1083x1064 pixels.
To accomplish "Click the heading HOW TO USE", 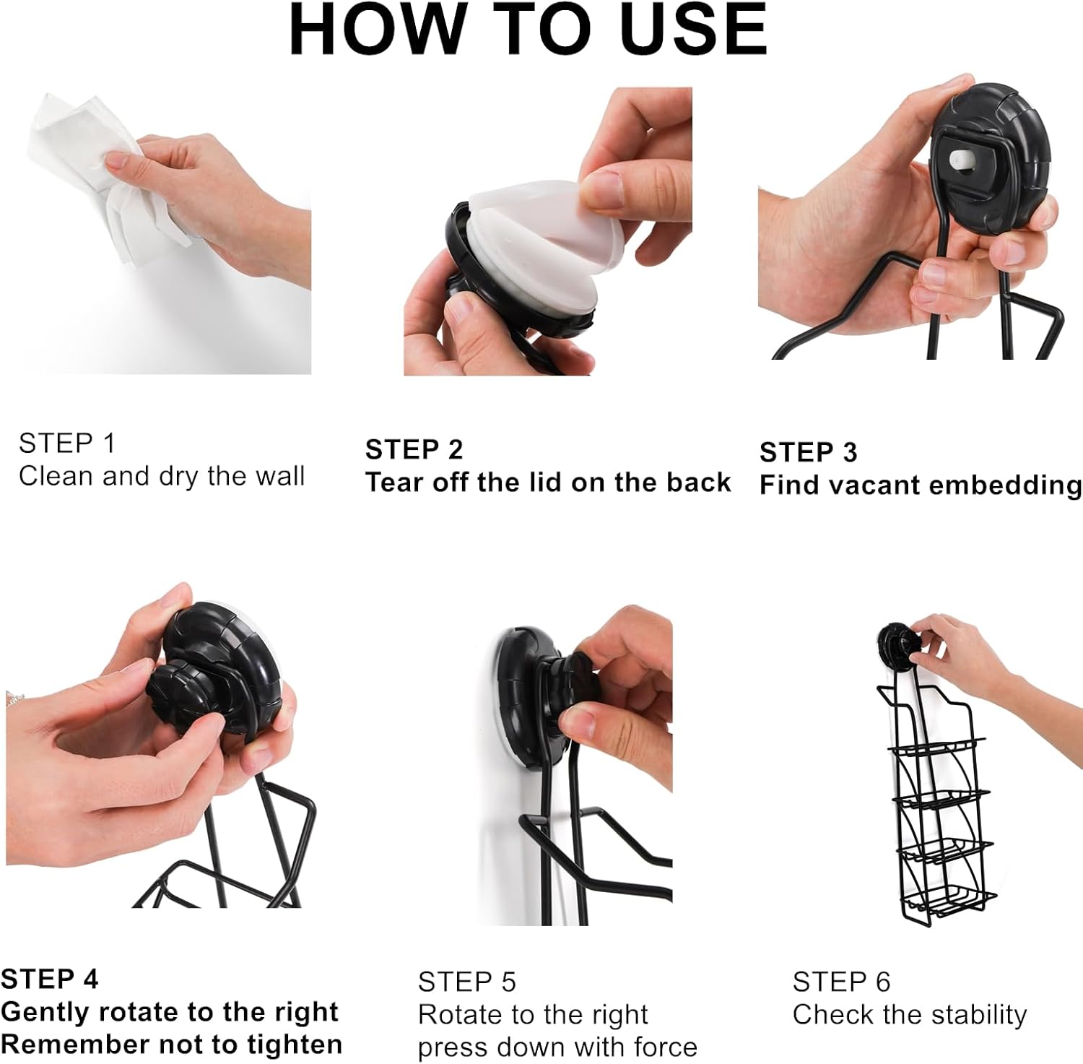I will (x=528, y=30).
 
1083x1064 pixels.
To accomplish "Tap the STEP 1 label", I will (x=67, y=444).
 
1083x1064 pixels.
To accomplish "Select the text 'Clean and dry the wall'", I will (x=162, y=477).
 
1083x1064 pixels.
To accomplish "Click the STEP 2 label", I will (x=414, y=450).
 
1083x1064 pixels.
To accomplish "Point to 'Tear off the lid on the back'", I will (x=548, y=483).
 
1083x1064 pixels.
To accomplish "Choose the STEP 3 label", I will (x=808, y=452).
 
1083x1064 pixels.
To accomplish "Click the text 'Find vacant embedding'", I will (x=920, y=485).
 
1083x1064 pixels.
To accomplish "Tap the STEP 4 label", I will (x=49, y=979).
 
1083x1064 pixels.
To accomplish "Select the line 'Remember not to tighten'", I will (x=171, y=1044).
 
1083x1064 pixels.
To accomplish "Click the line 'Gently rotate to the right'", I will (x=170, y=1012).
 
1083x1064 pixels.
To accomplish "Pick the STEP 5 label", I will (x=466, y=982).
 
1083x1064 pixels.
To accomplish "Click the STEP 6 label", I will (x=841, y=982).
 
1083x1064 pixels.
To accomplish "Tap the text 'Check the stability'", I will (x=909, y=1015).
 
